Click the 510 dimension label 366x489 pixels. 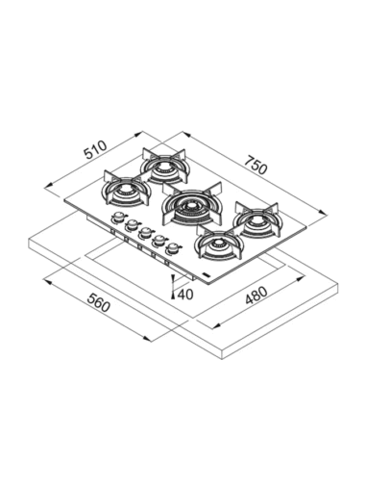tap(95, 149)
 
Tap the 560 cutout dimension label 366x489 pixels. tap(99, 302)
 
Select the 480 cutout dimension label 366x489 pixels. tap(256, 296)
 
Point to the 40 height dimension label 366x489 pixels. tap(185, 294)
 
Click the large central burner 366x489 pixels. tap(191, 204)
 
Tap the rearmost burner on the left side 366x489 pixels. tap(165, 166)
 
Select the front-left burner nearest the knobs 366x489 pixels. tap(126, 190)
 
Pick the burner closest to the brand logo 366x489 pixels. tap(218, 242)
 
